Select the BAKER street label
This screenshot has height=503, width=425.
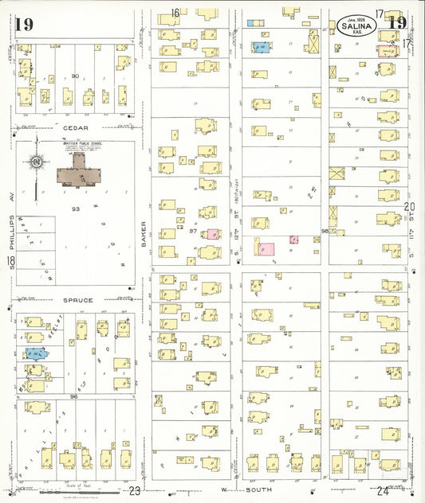pyautogui.click(x=144, y=232)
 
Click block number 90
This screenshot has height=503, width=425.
pyautogui.click(x=76, y=76)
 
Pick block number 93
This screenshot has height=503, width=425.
pyautogui.click(x=76, y=209)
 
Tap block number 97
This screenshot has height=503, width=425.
pyautogui.click(x=194, y=232)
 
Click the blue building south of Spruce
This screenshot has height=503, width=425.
pyautogui.click(x=34, y=353)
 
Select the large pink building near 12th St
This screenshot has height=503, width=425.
pyautogui.click(x=266, y=251)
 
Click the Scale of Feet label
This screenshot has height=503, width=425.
pyautogui.click(x=86, y=485)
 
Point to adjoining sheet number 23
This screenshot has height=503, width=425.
pyautogui.click(x=135, y=491)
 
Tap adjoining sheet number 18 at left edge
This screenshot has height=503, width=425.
pyautogui.click(x=10, y=262)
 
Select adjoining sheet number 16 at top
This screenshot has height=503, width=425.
pyautogui.click(x=175, y=12)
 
